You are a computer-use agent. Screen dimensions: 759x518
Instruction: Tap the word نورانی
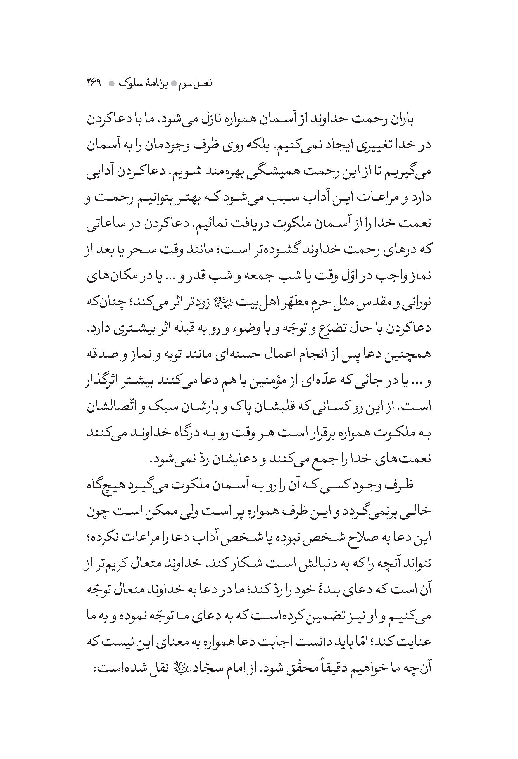pos(415,302)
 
